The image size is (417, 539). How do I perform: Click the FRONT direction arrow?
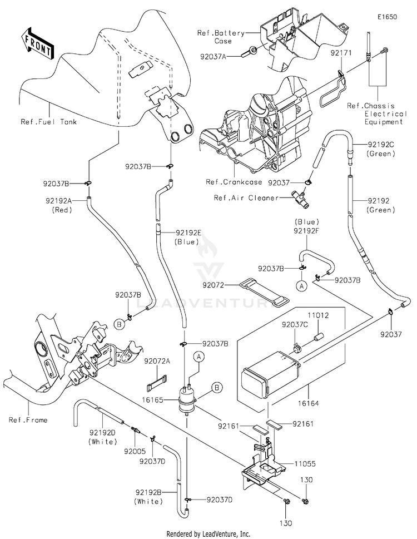coord(36,43)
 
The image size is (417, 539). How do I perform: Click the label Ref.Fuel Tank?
coord(48,122)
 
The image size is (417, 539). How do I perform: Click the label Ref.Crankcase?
coord(229,182)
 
